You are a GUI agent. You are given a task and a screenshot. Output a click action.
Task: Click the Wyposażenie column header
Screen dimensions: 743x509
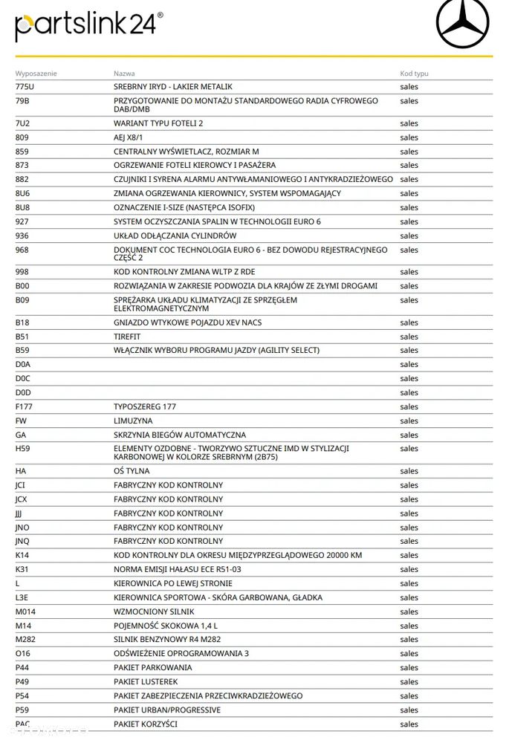click(36, 74)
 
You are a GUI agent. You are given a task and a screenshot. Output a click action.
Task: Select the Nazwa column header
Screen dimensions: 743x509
click(124, 74)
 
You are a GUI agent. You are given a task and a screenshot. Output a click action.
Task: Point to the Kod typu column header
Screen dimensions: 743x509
click(414, 74)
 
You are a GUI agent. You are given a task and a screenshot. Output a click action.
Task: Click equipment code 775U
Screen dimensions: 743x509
click(25, 87)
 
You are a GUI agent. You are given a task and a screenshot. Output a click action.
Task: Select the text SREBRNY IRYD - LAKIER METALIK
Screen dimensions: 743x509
click(172, 87)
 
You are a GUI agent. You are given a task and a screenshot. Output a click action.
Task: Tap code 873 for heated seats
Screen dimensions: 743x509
click(22, 165)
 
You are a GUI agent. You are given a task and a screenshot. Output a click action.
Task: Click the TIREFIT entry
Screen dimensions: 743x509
click(127, 337)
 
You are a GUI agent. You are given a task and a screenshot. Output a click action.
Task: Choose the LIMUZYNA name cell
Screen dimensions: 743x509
click(133, 421)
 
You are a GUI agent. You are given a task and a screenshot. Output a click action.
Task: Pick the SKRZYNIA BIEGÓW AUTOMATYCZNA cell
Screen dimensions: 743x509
click(179, 435)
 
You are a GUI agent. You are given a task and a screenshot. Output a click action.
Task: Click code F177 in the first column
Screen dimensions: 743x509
click(25, 406)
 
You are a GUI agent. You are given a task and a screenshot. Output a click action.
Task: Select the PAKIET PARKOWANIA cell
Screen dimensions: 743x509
click(152, 667)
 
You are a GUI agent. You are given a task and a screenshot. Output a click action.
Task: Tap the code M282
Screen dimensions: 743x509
click(25, 639)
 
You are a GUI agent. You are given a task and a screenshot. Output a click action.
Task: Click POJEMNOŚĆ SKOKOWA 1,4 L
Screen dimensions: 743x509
click(166, 625)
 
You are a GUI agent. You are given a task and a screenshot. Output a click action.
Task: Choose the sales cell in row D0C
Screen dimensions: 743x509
click(409, 378)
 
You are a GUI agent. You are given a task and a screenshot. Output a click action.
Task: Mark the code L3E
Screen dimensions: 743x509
click(22, 597)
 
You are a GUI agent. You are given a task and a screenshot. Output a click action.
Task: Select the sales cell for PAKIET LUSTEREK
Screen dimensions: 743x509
click(409, 681)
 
